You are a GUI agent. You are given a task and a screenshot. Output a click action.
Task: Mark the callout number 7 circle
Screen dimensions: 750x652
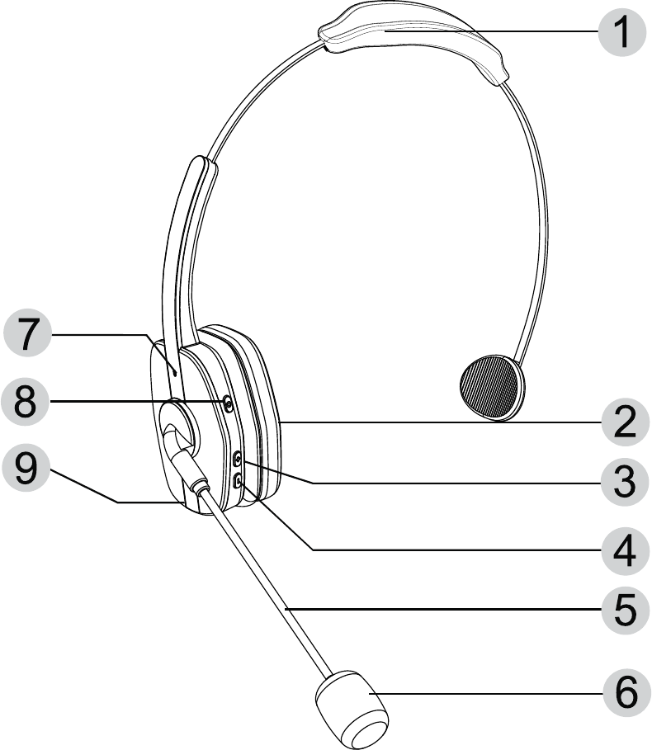click(29, 334)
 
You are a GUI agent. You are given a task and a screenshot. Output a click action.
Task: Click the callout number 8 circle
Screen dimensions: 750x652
click(29, 403)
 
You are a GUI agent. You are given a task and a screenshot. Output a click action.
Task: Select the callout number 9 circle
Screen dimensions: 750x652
click(29, 469)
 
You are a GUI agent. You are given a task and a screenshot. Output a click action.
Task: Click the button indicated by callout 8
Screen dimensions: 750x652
click(229, 403)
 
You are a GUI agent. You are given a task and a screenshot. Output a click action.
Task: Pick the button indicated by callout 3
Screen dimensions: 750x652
click(239, 460)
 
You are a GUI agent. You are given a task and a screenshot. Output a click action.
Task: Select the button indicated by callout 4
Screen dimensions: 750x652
click(239, 480)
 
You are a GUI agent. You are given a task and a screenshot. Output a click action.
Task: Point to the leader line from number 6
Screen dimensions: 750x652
click(495, 694)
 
